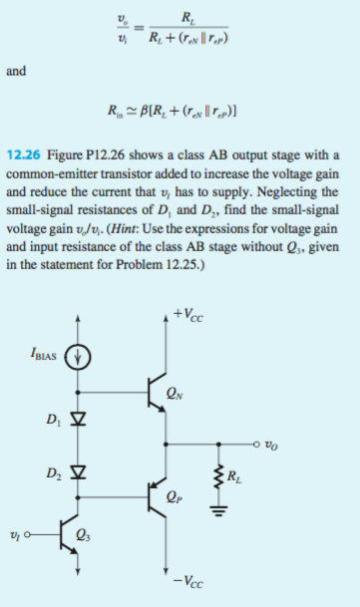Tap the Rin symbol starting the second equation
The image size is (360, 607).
128,113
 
